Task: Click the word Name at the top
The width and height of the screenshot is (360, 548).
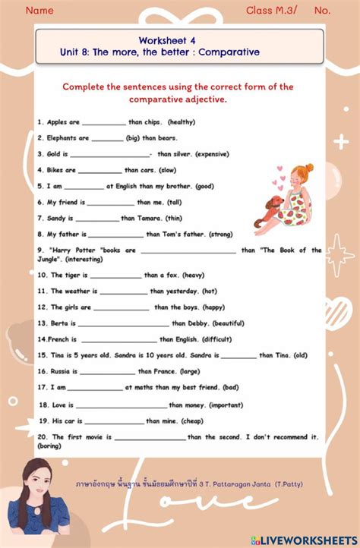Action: [39, 11]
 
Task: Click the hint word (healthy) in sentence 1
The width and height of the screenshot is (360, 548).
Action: [182, 121]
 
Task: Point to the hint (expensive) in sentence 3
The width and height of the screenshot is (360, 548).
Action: [211, 154]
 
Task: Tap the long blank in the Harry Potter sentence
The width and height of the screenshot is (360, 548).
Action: [188, 250]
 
